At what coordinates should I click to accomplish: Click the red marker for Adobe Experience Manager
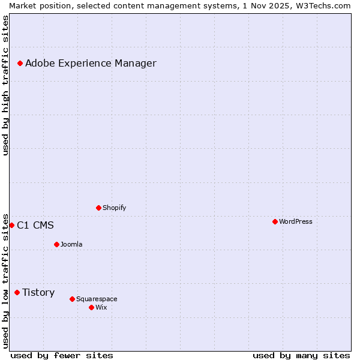[x=20, y=63]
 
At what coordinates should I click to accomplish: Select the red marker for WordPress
[x=275, y=221]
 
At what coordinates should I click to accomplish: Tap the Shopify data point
[x=98, y=208]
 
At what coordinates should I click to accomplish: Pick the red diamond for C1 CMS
[x=11, y=225]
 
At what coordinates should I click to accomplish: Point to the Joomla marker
[x=56, y=244]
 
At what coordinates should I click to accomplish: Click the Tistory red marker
[x=17, y=292]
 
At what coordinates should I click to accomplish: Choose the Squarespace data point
[x=72, y=299]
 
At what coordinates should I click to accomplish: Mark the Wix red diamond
[x=91, y=307]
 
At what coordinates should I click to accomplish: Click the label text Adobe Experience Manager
[x=91, y=63]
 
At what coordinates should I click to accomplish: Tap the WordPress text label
[x=295, y=221]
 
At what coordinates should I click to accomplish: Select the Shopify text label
[x=114, y=208]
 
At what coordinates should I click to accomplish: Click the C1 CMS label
[x=35, y=225]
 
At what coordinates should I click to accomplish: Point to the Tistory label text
[x=38, y=292]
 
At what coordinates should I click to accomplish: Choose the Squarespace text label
[x=97, y=299]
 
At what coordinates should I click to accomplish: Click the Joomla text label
[x=71, y=244]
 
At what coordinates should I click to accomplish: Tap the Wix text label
[x=101, y=307]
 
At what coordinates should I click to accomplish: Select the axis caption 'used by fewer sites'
[x=62, y=355]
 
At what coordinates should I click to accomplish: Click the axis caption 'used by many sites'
[x=301, y=355]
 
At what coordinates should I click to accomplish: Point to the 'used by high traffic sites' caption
[x=5, y=85]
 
